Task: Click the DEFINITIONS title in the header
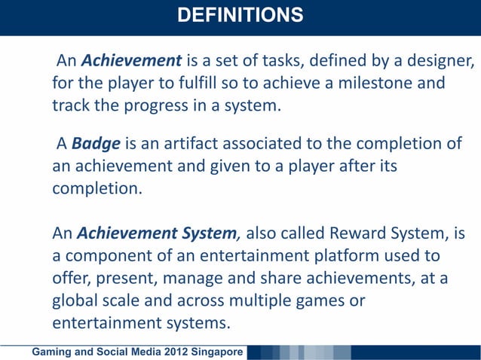click(x=240, y=15)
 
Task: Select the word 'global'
click(x=75, y=301)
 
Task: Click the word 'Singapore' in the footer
click(x=216, y=352)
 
